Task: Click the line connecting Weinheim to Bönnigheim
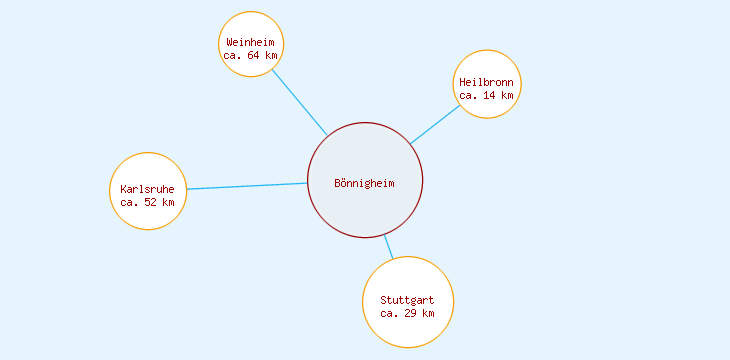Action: click(299, 101)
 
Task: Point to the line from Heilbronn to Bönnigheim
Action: click(435, 124)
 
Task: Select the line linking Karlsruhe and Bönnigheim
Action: click(247, 186)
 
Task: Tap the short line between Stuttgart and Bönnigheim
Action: click(388, 246)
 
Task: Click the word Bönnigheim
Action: click(365, 183)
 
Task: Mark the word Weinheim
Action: click(250, 42)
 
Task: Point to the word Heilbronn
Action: click(486, 82)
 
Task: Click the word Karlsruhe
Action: click(147, 189)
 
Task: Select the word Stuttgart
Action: click(407, 300)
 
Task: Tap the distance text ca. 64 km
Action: click(250, 55)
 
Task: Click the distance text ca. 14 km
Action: click(486, 95)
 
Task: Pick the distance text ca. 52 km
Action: click(147, 202)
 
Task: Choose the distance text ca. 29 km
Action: click(407, 313)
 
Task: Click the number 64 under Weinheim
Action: click(253, 55)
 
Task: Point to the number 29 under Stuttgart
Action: click(410, 313)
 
